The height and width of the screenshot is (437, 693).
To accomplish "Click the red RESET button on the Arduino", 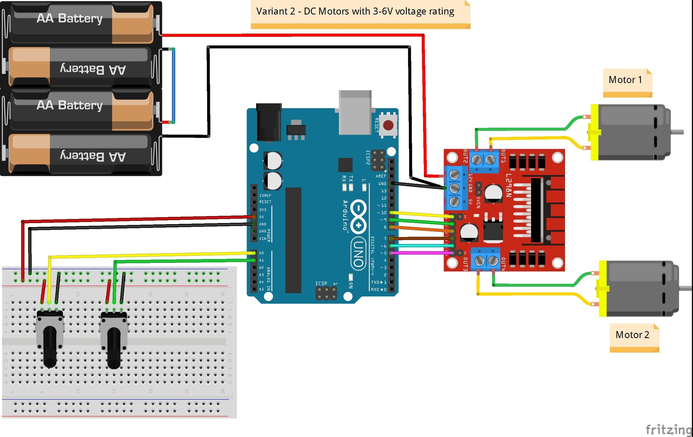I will pyautogui.click(x=388, y=125).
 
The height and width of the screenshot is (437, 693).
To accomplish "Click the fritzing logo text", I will pyautogui.click(x=669, y=429).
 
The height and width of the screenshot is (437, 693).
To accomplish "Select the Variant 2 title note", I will pyautogui.click(x=355, y=12).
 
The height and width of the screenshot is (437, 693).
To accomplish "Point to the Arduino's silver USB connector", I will pyautogui.click(x=355, y=113).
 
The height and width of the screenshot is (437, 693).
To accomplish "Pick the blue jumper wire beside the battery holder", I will pyautogui.click(x=174, y=85).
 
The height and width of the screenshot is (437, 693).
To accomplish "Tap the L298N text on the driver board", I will pyautogui.click(x=508, y=185).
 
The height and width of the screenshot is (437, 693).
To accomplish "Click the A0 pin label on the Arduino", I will pyautogui.click(x=261, y=253).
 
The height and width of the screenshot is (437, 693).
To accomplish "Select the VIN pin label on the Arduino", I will pyautogui.click(x=262, y=239).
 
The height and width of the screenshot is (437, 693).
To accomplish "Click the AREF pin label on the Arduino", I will pyautogui.click(x=381, y=176).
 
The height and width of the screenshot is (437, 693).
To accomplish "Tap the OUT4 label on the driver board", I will pyautogui.click(x=503, y=264).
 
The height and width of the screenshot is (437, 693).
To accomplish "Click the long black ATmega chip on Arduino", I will pyautogui.click(x=293, y=240).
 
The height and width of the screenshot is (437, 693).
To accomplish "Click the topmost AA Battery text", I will pyautogui.click(x=70, y=19).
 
